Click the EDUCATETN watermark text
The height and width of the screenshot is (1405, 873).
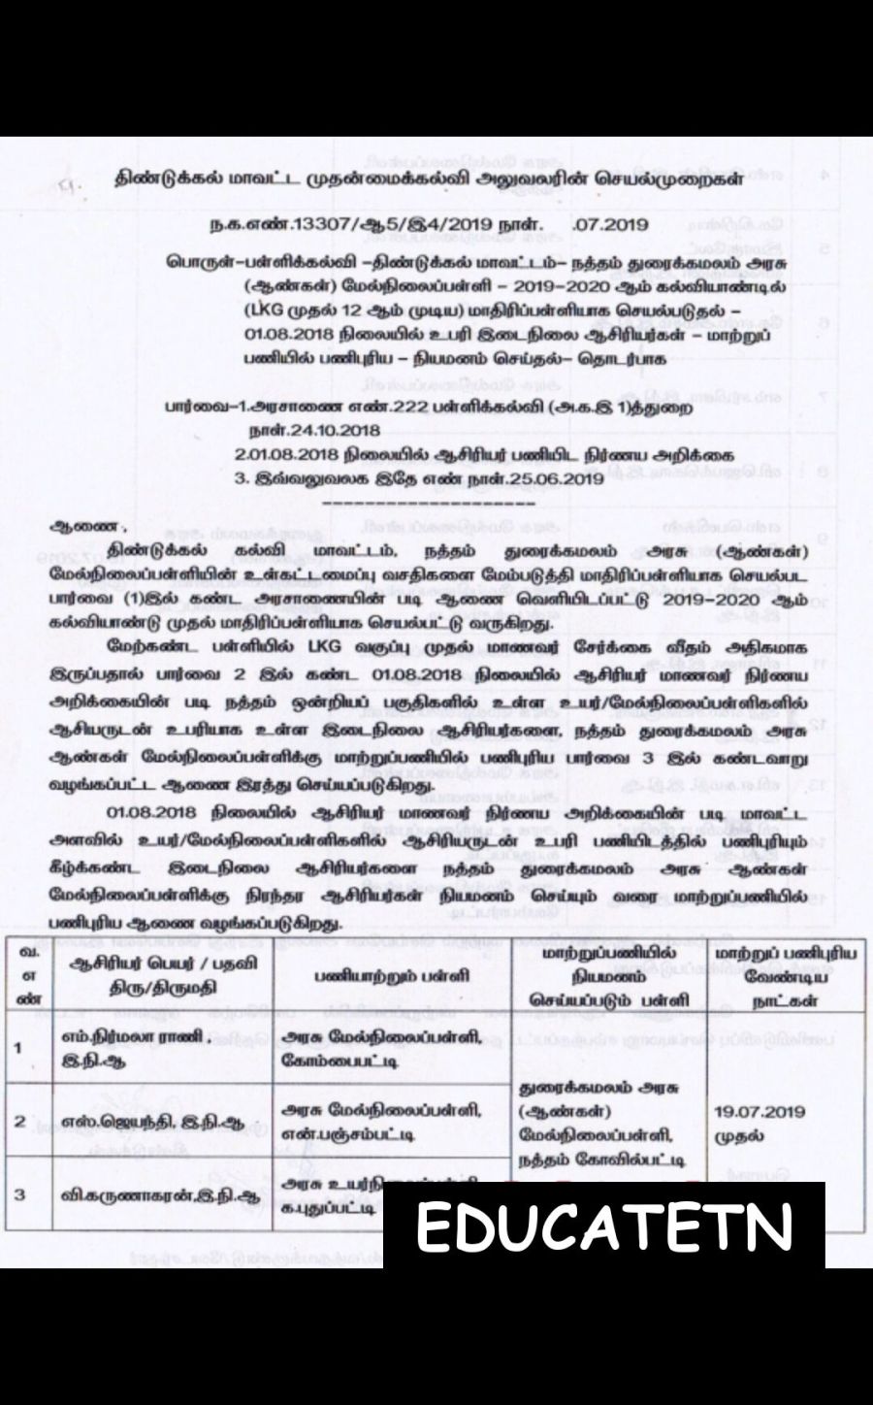click(604, 1227)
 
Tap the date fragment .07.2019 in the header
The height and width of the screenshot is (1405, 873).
click(609, 225)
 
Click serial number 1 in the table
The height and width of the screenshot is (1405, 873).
click(19, 1047)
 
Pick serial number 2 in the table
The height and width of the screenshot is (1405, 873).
click(19, 1122)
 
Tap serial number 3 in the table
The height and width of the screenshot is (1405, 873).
click(19, 1193)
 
